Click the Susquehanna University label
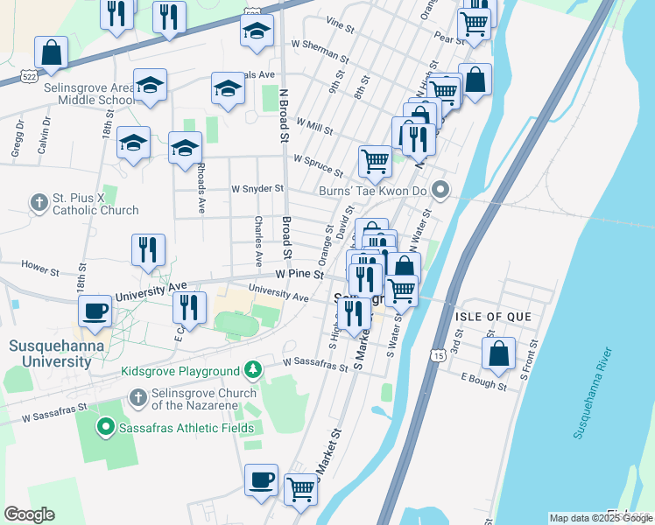56,353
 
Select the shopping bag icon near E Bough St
498,354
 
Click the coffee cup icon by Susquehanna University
95,310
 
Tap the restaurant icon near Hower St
148,249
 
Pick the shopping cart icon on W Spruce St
375,160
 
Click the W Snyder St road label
257,188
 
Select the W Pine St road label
299,274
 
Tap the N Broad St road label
284,115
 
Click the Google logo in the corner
29,514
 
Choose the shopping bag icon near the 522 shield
52,52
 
